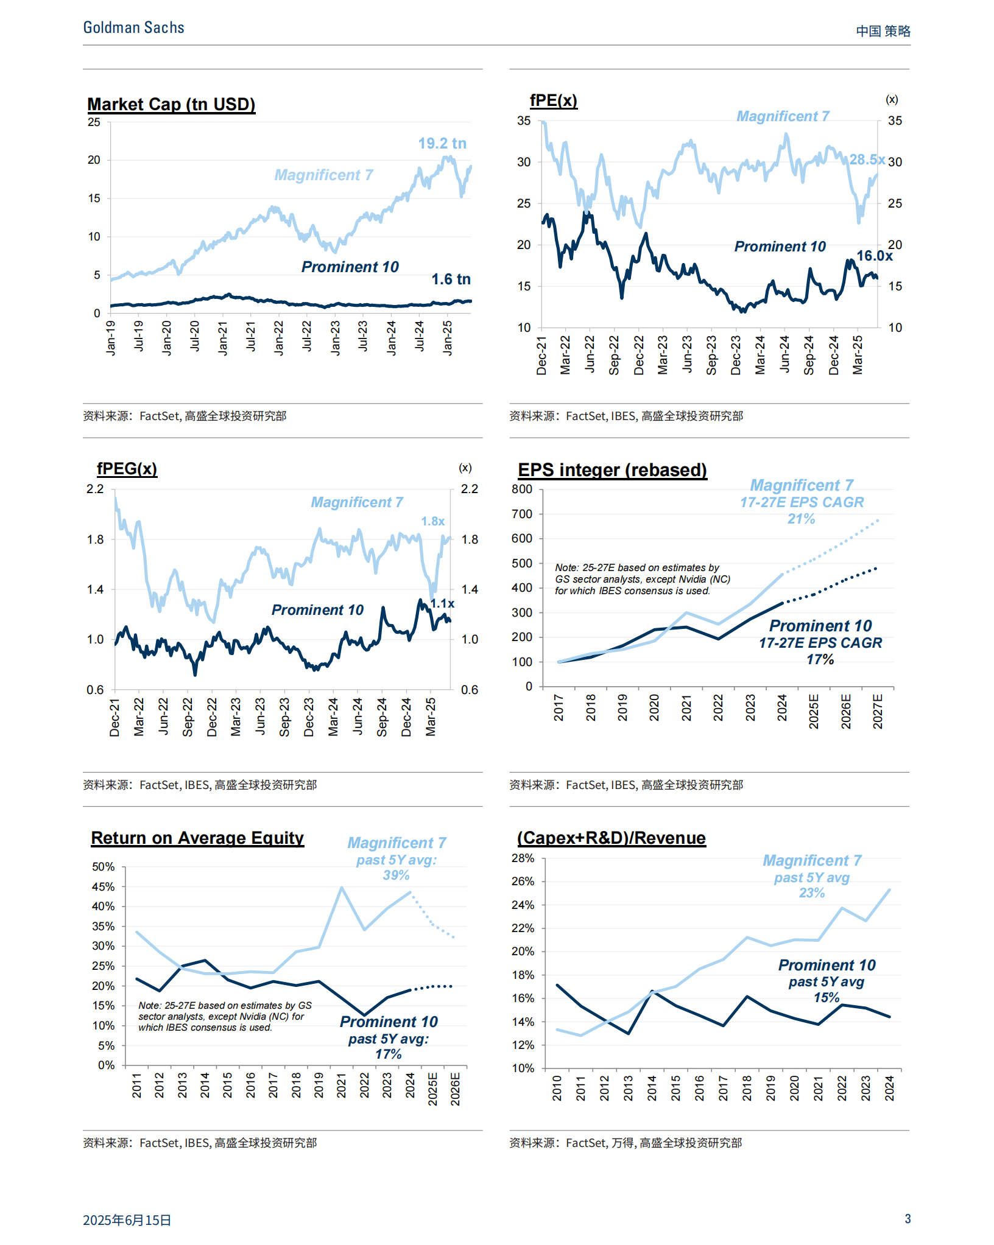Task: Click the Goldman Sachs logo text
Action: click(133, 28)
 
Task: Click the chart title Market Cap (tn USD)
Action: click(171, 105)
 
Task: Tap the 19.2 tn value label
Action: click(442, 144)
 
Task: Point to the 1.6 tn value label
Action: click(451, 279)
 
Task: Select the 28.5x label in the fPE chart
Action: click(867, 160)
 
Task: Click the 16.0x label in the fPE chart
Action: click(874, 256)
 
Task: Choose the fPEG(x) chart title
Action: click(127, 469)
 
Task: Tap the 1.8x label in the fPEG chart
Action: click(432, 522)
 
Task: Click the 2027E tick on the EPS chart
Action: click(878, 710)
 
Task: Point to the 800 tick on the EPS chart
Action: click(522, 489)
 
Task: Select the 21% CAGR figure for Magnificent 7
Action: click(801, 519)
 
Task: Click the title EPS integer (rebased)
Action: click(612, 471)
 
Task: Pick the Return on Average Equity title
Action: click(197, 838)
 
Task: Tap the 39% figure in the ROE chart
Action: click(396, 875)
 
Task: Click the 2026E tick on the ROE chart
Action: click(455, 1089)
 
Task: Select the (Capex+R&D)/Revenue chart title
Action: click(611, 838)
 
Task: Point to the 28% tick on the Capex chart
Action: click(523, 858)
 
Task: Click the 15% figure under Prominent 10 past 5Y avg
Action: click(826, 998)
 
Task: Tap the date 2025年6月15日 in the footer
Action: click(127, 1220)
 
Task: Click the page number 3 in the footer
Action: click(908, 1219)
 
